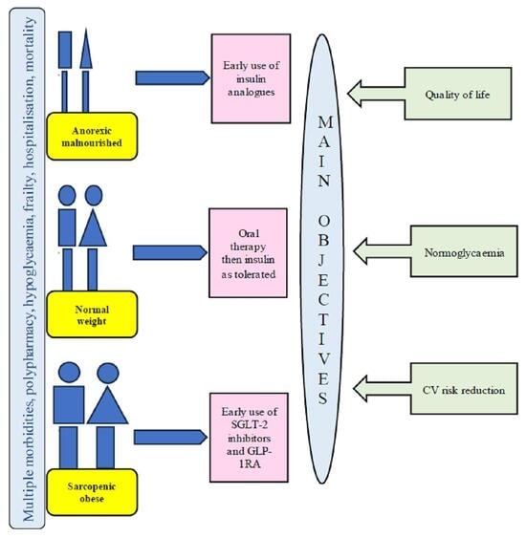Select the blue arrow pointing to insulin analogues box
[x=170, y=78]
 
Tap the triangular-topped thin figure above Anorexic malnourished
[x=87, y=72]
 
